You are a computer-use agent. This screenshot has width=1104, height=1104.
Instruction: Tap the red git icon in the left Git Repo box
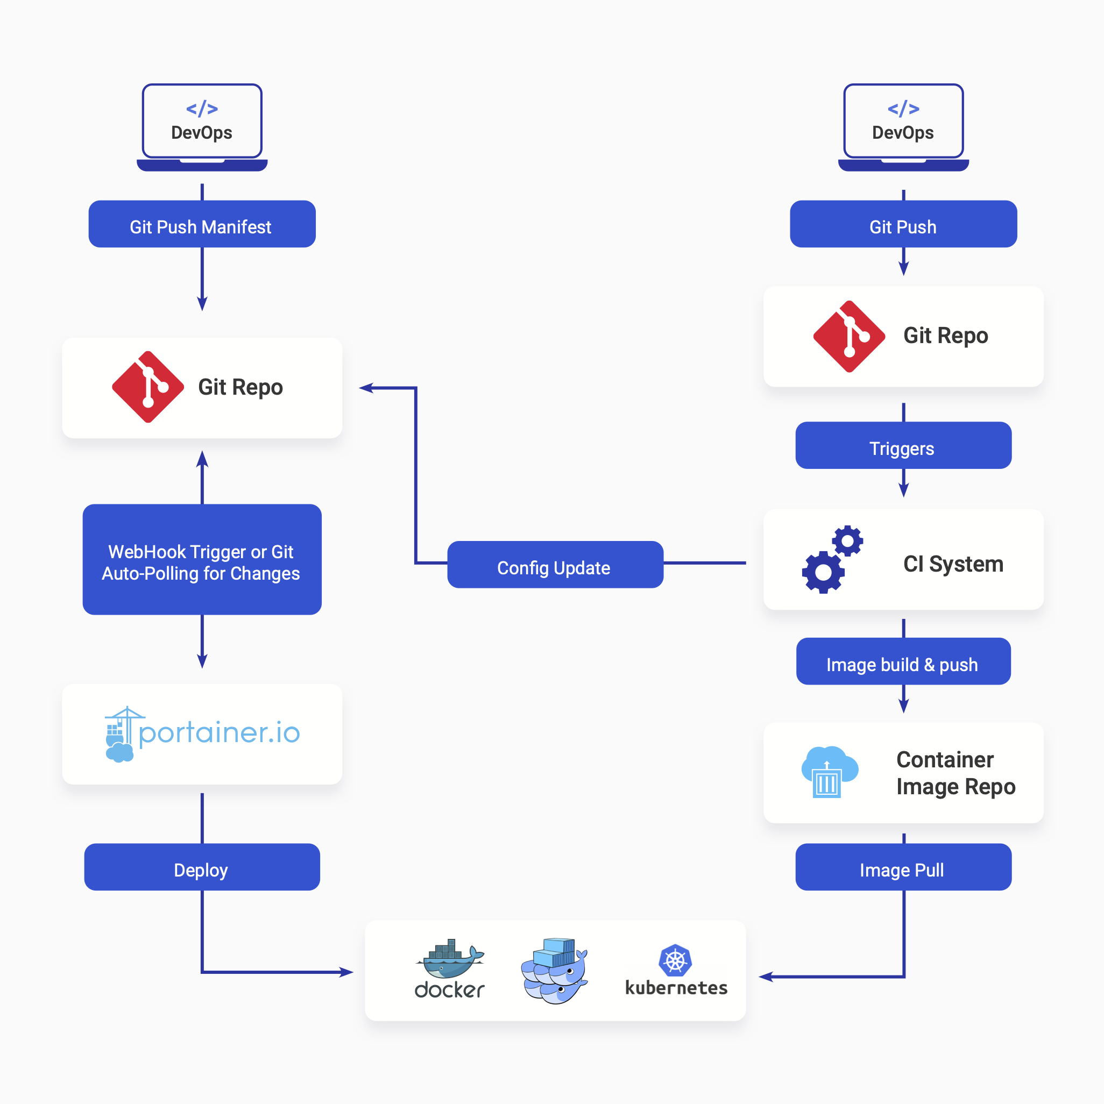148,387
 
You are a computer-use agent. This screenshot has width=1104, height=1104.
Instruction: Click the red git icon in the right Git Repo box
849,336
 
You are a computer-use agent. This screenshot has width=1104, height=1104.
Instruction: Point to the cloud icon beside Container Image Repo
829,772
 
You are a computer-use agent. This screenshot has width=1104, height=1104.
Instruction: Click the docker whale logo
450,960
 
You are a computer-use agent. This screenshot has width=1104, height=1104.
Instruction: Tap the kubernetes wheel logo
675,960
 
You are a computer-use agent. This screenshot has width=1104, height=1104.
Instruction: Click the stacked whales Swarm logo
554,970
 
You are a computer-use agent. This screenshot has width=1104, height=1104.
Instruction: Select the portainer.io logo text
219,732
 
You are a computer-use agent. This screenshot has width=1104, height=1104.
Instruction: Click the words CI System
952,564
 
